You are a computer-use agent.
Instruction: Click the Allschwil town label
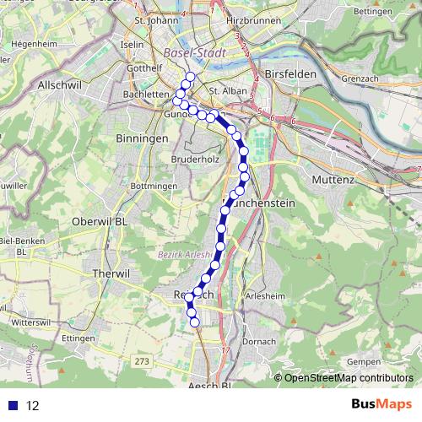[58, 86]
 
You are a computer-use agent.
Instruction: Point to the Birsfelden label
[291, 74]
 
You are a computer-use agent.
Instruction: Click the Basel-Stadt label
[192, 53]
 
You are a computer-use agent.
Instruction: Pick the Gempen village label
[363, 361]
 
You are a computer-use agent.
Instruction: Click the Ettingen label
[76, 338]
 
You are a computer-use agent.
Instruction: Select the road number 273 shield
[142, 361]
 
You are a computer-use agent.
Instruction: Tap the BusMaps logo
[382, 405]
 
